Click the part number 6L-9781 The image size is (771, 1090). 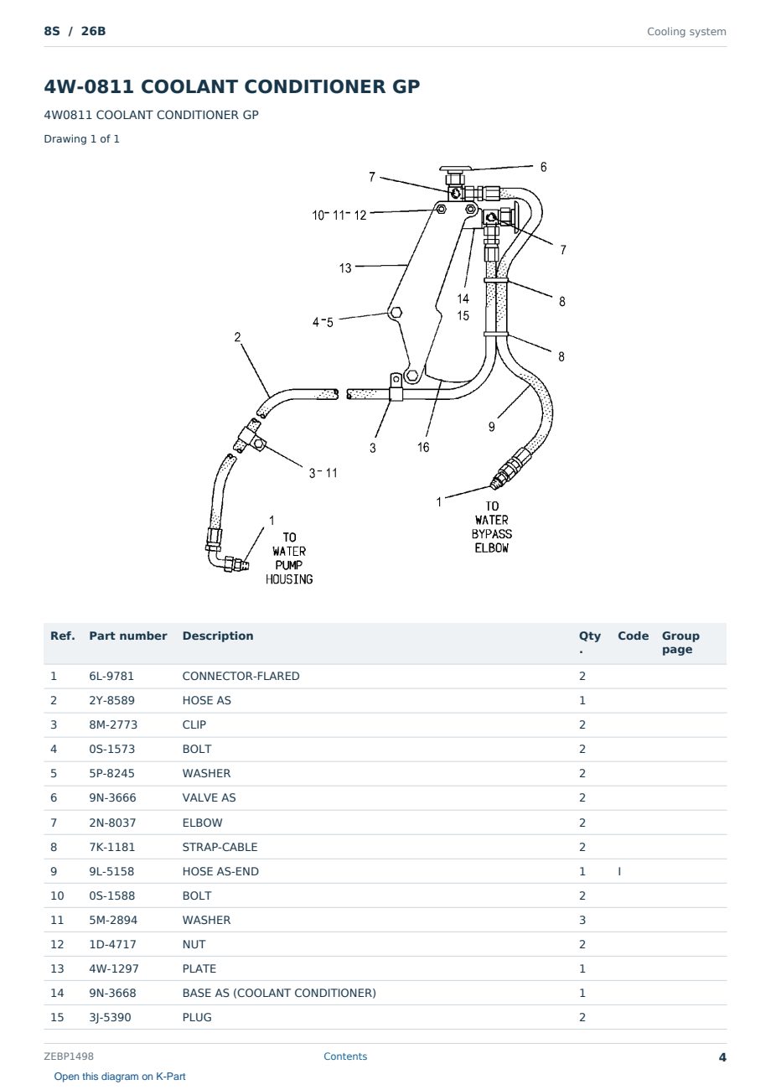[111, 676]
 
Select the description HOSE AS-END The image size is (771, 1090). [220, 871]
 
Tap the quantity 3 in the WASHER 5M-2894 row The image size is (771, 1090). [582, 920]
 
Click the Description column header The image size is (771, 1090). [217, 636]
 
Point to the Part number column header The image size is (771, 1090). [128, 636]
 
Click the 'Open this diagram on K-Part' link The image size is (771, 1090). [120, 1076]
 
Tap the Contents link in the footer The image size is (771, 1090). [345, 1056]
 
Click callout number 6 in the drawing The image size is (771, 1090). [543, 167]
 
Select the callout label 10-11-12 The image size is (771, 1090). [339, 215]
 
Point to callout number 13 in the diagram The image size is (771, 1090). [345, 268]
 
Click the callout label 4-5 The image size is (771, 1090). [323, 322]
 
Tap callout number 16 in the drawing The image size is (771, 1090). [423, 447]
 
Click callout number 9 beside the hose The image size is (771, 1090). [491, 427]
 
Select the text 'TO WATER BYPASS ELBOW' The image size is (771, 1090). [491, 527]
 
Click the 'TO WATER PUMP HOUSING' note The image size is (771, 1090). [289, 558]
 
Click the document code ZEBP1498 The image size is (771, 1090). [69, 1056]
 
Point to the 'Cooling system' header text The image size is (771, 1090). [686, 32]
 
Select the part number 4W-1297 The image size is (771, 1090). [114, 968]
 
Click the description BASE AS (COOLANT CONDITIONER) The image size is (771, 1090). [279, 993]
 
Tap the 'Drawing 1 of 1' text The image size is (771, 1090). [82, 138]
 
